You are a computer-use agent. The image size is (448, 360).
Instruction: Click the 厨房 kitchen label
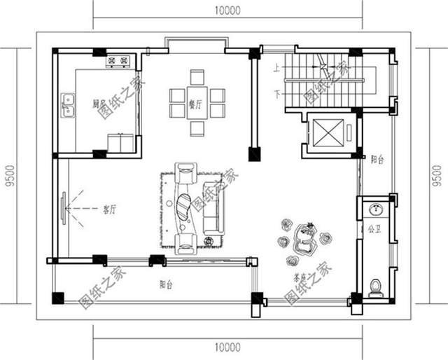click(99, 103)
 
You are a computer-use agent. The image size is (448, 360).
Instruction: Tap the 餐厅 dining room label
click(196, 104)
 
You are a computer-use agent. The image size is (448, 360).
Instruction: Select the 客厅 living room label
click(109, 209)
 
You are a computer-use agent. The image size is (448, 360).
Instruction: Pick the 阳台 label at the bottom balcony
click(166, 284)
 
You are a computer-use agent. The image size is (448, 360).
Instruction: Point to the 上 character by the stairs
click(277, 69)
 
